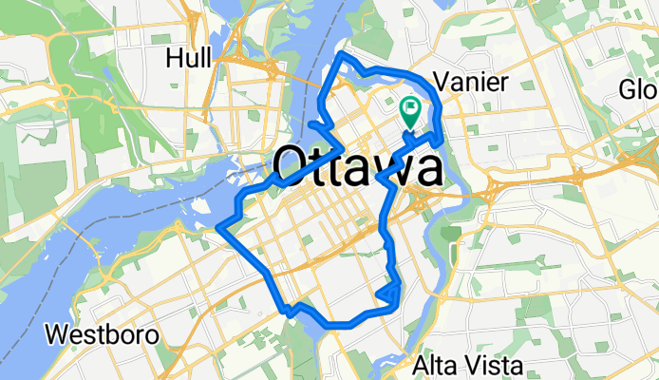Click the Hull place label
(x=187, y=58)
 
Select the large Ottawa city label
(x=357, y=168)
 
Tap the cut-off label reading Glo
(x=639, y=90)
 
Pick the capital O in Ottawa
(x=292, y=168)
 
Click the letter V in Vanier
(x=440, y=81)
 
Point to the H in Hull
(x=173, y=58)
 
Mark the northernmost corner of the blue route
(x=344, y=58)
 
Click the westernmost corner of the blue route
(x=220, y=227)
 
